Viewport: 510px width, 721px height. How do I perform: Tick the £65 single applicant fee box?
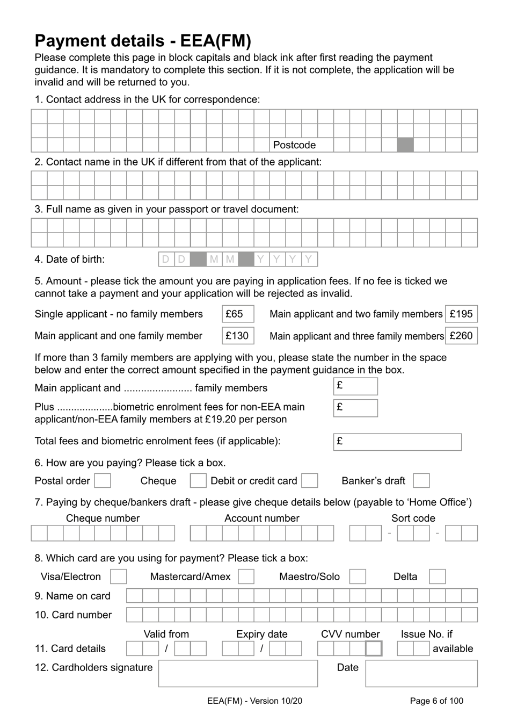coord(237,314)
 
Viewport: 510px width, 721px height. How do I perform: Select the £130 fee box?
coord(237,336)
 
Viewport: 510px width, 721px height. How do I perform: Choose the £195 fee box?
coord(461,314)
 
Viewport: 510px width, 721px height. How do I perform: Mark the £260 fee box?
coord(461,336)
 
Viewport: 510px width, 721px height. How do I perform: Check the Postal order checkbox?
coord(103,481)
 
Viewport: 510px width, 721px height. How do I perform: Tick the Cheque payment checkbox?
coord(198,481)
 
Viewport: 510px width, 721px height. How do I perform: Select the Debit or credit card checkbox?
coord(310,481)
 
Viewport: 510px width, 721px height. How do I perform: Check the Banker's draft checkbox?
coord(421,481)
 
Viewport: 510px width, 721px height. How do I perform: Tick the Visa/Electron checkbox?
coord(118,577)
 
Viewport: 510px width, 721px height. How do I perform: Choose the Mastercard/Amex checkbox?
coord(246,577)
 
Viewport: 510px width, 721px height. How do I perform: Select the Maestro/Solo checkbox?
coord(358,577)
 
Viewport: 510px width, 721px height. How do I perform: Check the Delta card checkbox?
coord(438,577)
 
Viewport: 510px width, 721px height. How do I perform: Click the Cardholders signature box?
coord(238,674)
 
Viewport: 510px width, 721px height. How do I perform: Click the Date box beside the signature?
coord(421,674)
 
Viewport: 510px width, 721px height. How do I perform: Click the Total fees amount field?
coord(397,442)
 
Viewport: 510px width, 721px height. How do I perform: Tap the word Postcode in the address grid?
coord(294,145)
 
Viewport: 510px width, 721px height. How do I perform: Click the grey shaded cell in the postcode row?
coord(405,145)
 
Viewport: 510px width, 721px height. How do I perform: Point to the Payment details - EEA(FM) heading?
coord(143,41)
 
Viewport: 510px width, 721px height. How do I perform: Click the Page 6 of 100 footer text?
coord(436,701)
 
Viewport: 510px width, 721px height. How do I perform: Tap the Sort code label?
coord(413,518)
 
